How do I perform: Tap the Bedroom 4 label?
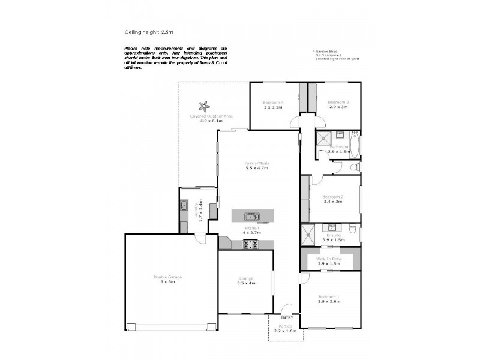[273, 103]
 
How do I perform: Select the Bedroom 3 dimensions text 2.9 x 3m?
[338, 108]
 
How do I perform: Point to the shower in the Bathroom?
[325, 137]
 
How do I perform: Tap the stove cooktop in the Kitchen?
[249, 244]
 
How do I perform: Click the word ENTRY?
[287, 317]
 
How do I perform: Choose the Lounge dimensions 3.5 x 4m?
[245, 283]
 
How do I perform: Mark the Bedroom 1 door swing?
[304, 278]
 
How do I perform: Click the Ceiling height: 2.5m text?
[148, 32]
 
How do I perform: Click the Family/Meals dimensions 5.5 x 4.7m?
[256, 168]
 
